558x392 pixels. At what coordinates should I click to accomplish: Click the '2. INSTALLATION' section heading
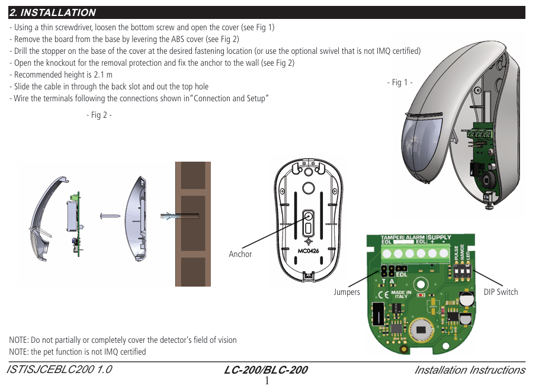(x=53, y=12)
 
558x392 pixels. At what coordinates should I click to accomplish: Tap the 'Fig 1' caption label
(x=400, y=82)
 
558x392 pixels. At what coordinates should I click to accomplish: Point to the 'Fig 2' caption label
(x=99, y=115)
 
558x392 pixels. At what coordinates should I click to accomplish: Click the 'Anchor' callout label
(x=240, y=254)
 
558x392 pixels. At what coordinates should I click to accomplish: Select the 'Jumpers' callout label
(x=347, y=292)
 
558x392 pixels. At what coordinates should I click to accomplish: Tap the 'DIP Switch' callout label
(x=501, y=292)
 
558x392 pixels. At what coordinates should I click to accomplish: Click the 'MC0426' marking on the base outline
(x=308, y=250)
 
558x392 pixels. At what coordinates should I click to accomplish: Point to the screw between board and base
(x=111, y=215)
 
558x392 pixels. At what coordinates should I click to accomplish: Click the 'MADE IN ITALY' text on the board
(x=401, y=294)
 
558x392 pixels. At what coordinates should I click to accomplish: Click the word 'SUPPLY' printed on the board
(x=439, y=237)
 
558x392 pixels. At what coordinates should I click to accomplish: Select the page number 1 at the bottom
(x=267, y=381)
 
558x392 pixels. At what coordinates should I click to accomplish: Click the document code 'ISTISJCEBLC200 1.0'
(x=59, y=370)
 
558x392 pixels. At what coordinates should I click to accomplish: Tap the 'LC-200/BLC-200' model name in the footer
(x=266, y=371)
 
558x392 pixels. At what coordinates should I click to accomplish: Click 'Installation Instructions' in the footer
(x=469, y=370)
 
